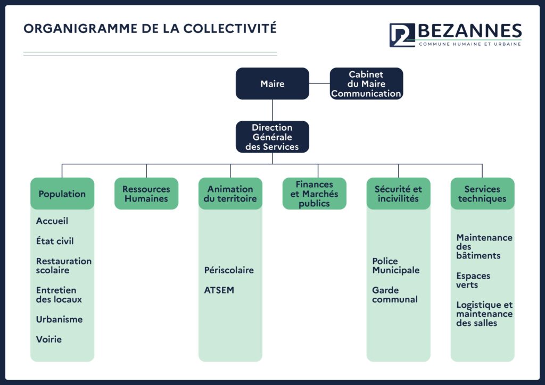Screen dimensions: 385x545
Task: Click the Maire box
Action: [x=272, y=83]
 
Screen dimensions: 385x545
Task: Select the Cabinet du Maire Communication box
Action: [x=366, y=84]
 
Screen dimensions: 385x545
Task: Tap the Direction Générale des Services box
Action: [x=272, y=137]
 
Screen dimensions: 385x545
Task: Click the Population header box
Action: [x=62, y=194]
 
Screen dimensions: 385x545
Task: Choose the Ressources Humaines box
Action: [x=146, y=194]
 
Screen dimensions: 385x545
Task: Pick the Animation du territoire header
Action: [x=230, y=194]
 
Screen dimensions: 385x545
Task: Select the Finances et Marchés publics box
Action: [x=314, y=194]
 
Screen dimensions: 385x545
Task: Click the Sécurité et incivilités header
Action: [x=398, y=194]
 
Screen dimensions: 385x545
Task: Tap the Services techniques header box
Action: [x=482, y=194]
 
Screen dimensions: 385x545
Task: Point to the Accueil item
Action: [x=52, y=221]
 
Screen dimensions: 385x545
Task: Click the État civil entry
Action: [x=55, y=241]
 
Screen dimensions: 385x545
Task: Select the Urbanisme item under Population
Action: [x=59, y=319]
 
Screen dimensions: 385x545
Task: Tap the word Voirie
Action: [x=49, y=339]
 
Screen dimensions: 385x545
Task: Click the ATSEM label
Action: [x=219, y=290]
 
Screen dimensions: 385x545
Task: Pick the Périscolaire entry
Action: [x=229, y=270]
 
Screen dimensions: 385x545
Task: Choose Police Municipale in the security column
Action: [x=395, y=265]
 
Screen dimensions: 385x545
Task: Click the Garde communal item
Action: [x=394, y=295]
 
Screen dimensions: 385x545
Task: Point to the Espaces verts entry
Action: [x=473, y=280]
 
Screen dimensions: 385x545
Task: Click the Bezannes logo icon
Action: [x=402, y=35]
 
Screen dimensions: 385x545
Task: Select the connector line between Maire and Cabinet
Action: [x=319, y=83]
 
